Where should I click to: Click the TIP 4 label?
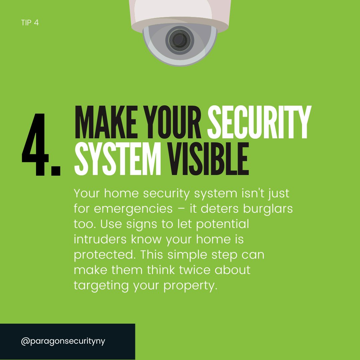[x=30, y=23]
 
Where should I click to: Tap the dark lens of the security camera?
[x=180, y=40]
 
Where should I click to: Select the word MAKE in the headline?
[x=106, y=122]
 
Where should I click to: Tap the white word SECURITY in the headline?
[x=259, y=122]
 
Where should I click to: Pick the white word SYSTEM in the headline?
[x=118, y=159]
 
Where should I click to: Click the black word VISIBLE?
[x=208, y=159]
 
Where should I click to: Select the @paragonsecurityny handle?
[x=63, y=341]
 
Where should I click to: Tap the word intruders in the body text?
[x=100, y=239]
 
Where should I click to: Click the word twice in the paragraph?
[x=195, y=270]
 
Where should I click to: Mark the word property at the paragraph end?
[x=190, y=286]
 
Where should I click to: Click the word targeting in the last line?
[x=101, y=286]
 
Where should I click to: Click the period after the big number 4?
[x=56, y=171]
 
